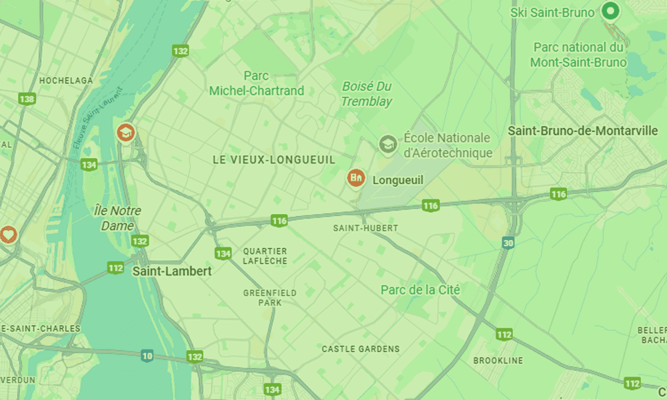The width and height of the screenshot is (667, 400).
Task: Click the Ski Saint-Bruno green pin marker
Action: pos(610,11)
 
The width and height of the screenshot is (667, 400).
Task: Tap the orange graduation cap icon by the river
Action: pos(125,133)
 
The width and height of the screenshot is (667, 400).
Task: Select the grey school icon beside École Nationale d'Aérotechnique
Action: pos(387,143)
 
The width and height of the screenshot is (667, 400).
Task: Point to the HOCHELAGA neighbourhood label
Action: pos(66,81)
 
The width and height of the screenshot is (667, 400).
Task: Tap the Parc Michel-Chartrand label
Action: pos(256,83)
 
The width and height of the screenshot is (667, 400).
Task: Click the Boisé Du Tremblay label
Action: pos(367,94)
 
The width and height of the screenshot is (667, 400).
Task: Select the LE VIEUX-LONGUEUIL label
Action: pos(273,160)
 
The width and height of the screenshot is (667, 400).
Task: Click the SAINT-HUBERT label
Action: pos(365,228)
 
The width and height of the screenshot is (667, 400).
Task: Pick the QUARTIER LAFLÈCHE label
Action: pos(265,256)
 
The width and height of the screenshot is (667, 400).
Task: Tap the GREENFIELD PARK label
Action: pos(270,297)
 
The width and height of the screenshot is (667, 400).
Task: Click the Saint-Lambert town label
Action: pos(172,271)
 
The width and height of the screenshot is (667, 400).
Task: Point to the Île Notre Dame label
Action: pos(117,218)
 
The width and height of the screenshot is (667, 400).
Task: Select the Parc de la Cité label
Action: pos(420,290)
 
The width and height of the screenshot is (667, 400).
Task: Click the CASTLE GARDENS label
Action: pos(360,349)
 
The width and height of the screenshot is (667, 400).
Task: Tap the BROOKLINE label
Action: pos(498,361)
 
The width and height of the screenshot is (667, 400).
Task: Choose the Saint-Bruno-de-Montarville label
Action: pos(583,131)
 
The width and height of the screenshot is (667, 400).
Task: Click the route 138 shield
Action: pos(27,99)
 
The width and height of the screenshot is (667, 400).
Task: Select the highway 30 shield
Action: pos(508,243)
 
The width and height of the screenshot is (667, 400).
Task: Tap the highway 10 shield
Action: pos(147,357)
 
